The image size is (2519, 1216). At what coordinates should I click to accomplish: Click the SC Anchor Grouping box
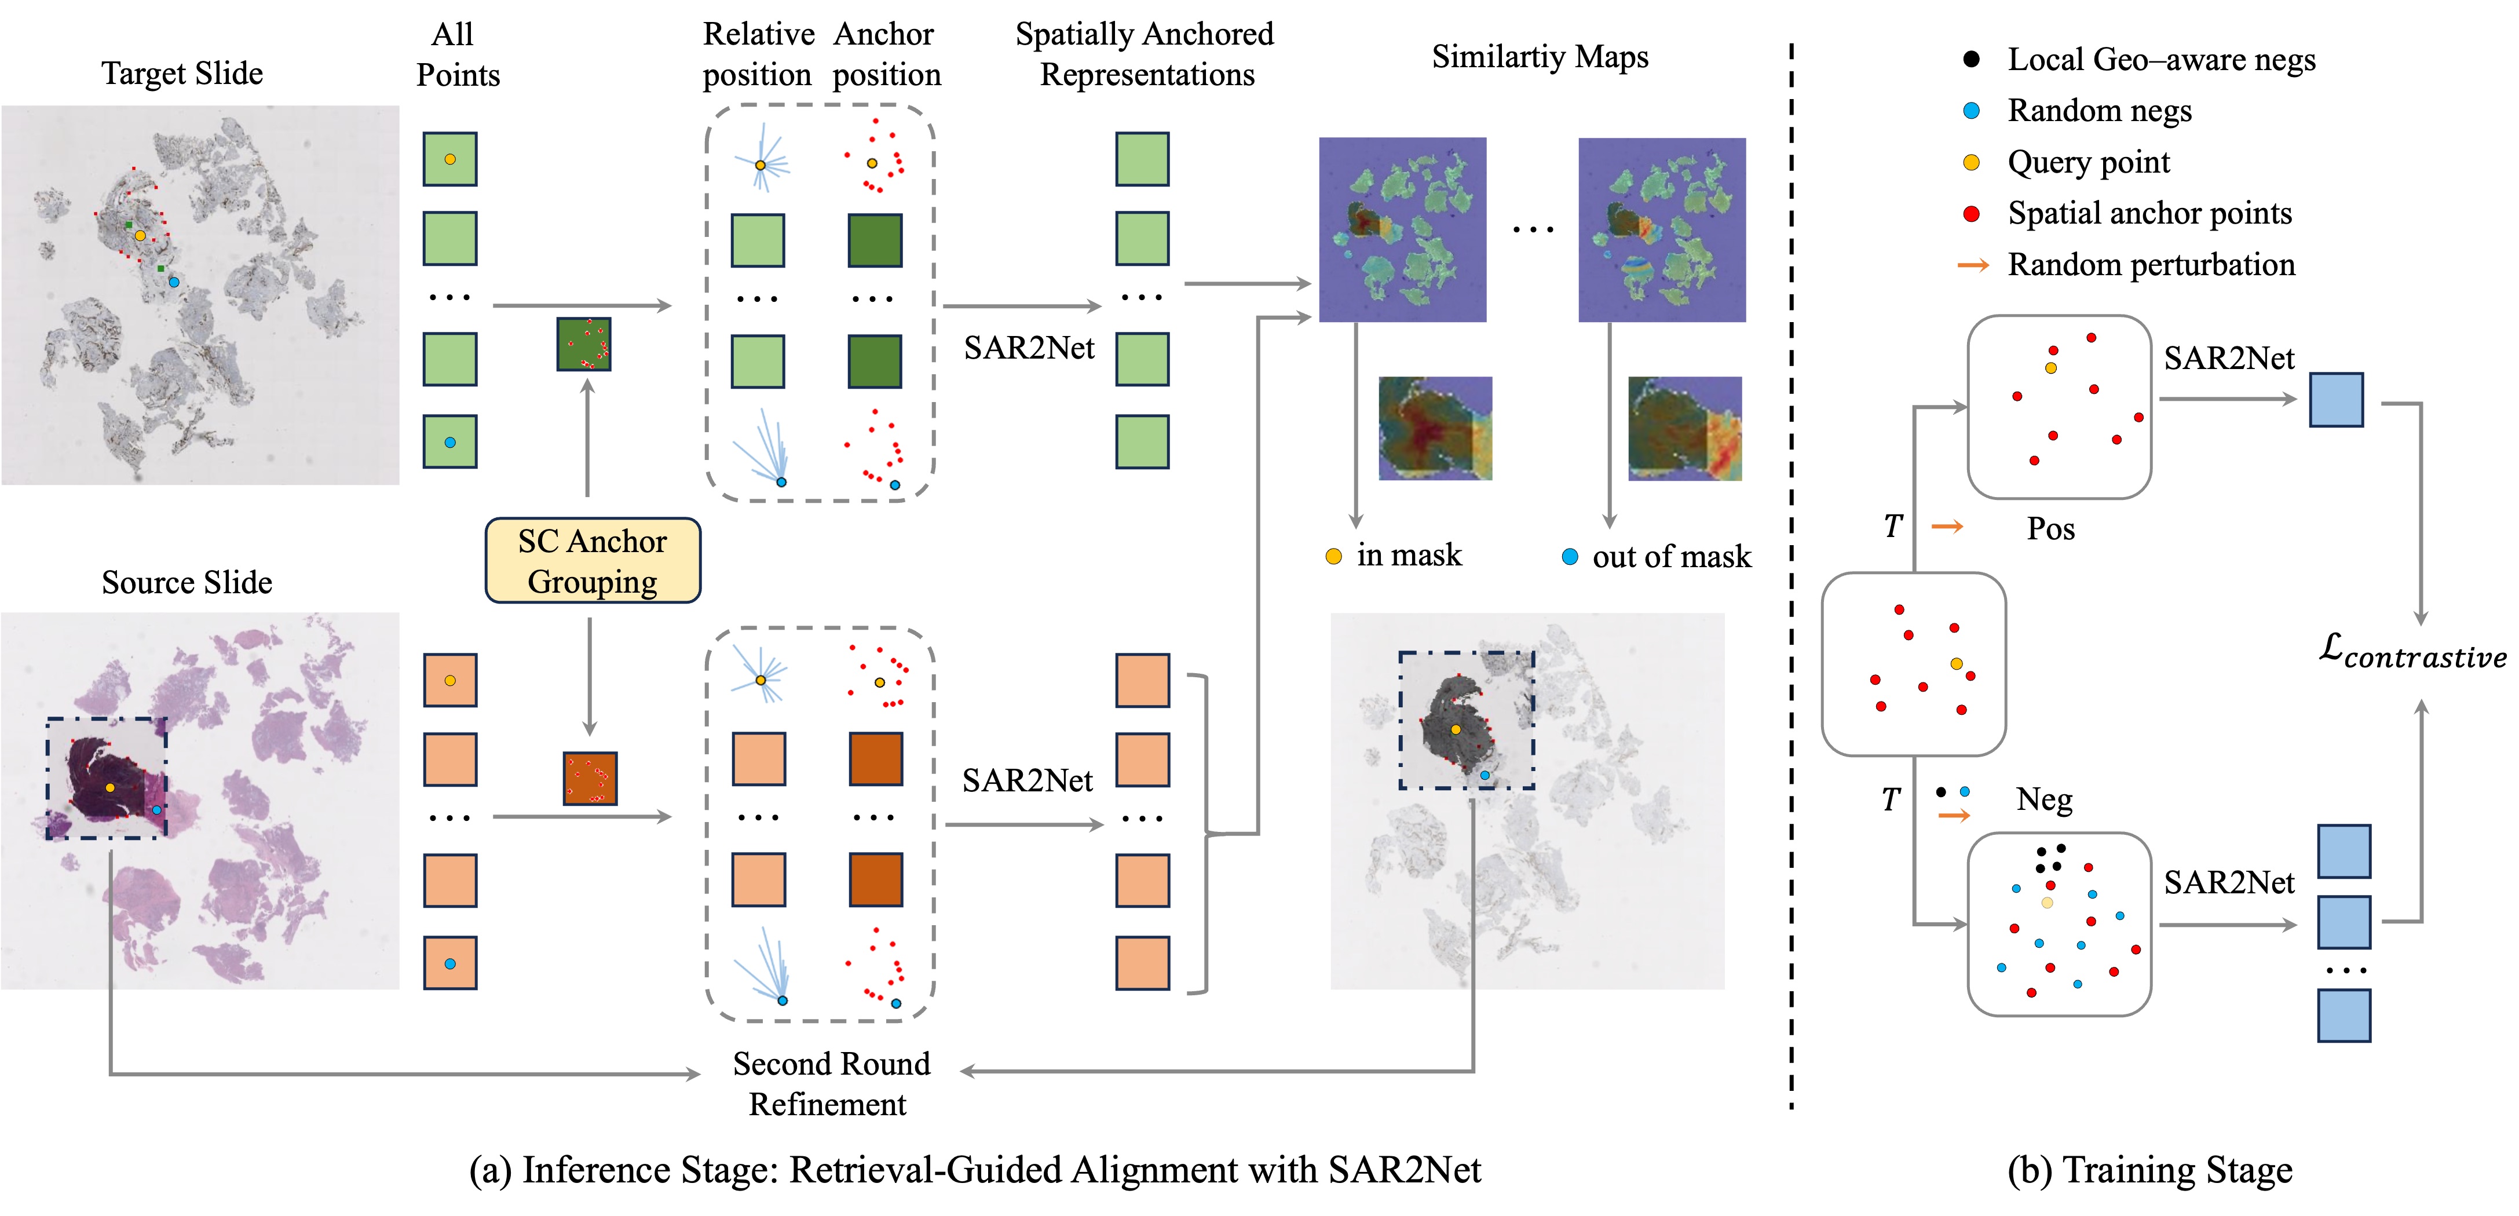coord(593,561)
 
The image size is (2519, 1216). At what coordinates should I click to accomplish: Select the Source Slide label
coord(187,582)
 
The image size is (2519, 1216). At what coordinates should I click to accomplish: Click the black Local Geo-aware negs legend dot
coord(1972,59)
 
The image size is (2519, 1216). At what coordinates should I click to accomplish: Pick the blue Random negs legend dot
coord(1972,111)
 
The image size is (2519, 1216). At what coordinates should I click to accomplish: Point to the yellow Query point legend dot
coord(1972,162)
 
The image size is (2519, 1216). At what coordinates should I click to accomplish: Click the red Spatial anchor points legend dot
coord(1972,213)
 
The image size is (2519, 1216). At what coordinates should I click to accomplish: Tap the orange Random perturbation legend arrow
coord(1972,265)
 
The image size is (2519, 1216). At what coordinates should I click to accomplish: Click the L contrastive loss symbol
coord(2411,652)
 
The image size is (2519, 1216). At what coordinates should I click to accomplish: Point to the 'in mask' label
coord(1408,556)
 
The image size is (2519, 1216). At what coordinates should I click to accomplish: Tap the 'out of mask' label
coord(1671,557)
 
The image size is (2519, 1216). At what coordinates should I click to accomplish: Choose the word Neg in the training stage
coord(2043,799)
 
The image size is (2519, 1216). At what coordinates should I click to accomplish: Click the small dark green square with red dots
coord(584,344)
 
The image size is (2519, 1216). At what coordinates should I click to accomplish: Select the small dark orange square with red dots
coord(590,779)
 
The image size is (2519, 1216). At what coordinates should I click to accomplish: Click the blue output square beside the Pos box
coord(2336,399)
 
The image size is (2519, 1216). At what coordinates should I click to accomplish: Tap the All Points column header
coord(456,55)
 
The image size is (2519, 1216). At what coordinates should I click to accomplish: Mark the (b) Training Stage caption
coord(2149,1170)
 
